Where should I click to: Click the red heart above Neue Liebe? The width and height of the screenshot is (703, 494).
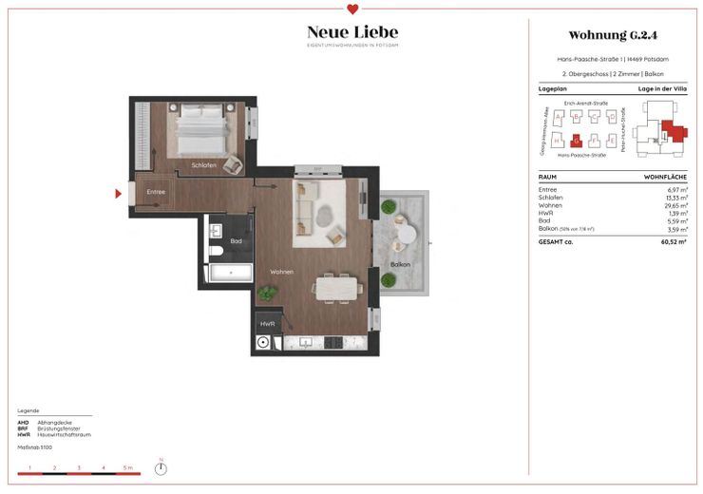click(352, 10)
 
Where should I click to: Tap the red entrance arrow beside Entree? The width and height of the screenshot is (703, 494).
click(118, 194)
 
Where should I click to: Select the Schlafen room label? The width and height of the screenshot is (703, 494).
click(203, 165)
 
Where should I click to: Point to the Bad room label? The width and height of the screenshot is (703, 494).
click(236, 240)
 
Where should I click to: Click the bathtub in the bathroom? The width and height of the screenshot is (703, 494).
click(229, 274)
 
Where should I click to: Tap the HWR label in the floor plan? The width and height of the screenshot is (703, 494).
click(267, 326)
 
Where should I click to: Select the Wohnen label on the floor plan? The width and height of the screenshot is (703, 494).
click(281, 272)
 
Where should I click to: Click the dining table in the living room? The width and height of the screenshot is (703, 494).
click(338, 286)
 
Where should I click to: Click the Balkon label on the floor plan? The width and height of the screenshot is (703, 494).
click(400, 264)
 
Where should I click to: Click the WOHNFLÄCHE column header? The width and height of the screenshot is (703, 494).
click(666, 178)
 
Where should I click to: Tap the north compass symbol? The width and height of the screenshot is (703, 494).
click(161, 466)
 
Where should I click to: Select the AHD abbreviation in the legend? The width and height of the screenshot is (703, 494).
click(23, 421)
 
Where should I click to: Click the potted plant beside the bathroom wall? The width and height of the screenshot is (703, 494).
click(268, 293)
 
